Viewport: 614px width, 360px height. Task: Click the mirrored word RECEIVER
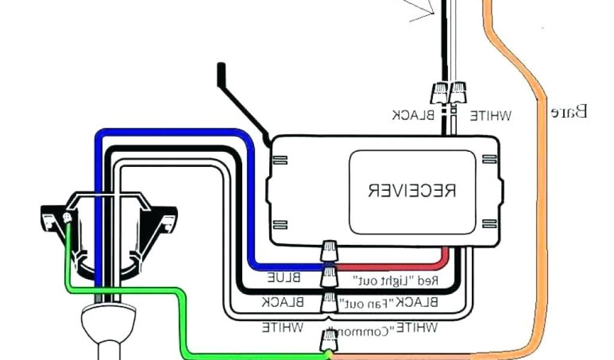pos(412,190)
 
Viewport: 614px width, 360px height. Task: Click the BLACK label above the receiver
pos(413,115)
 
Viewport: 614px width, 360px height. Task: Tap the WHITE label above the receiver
pos(489,115)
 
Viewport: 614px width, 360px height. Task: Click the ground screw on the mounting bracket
pos(67,217)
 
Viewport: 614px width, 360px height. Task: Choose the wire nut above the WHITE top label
pos(458,92)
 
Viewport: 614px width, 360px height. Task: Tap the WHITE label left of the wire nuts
pos(282,328)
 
